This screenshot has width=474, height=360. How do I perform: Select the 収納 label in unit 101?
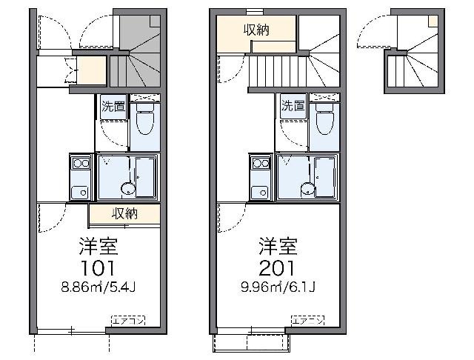pyautogui.click(x=124, y=214)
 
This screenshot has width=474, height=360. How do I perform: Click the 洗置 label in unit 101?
pyautogui.click(x=113, y=107)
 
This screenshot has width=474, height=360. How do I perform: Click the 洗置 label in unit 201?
pyautogui.click(x=293, y=106)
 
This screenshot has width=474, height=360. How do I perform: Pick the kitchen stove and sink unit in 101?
pyautogui.click(x=79, y=177)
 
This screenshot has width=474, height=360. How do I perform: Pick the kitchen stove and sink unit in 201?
pyautogui.click(x=259, y=177)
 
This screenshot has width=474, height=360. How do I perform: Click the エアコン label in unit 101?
pyautogui.click(x=128, y=320)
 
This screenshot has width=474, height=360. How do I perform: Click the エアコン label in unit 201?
pyautogui.click(x=307, y=320)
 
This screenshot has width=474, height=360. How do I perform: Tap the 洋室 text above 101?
pyautogui.click(x=99, y=244)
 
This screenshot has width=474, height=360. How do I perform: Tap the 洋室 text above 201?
pyautogui.click(x=278, y=244)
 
